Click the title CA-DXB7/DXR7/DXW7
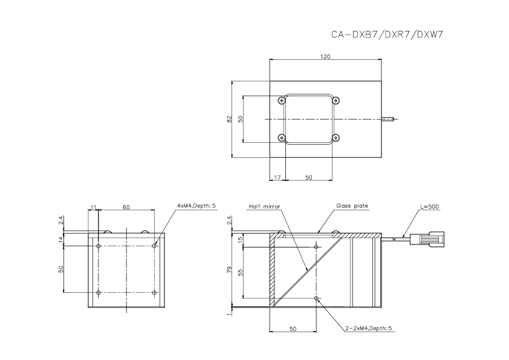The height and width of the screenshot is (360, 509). pos(387,34)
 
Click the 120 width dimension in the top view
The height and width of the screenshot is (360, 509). pos(325,56)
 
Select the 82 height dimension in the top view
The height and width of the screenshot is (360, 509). pos(229,120)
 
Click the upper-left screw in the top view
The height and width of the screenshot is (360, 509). pos(282,101)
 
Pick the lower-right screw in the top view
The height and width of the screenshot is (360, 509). pos(337,138)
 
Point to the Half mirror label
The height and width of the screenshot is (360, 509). pos(265,206)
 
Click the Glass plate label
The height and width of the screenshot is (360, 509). pos(352,206)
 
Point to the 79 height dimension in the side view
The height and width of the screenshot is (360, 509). pos(229,269)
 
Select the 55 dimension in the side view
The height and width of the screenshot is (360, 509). pos(239,273)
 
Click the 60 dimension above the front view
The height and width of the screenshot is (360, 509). pos(126,207)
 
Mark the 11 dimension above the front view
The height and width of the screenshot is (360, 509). pos(93,207)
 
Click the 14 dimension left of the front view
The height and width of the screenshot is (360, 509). pos(61,240)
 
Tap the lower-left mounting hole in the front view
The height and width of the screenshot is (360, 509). pos(99,293)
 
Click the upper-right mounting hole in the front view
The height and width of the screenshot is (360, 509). pos(155,246)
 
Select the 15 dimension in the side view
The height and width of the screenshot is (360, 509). pos(239,240)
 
